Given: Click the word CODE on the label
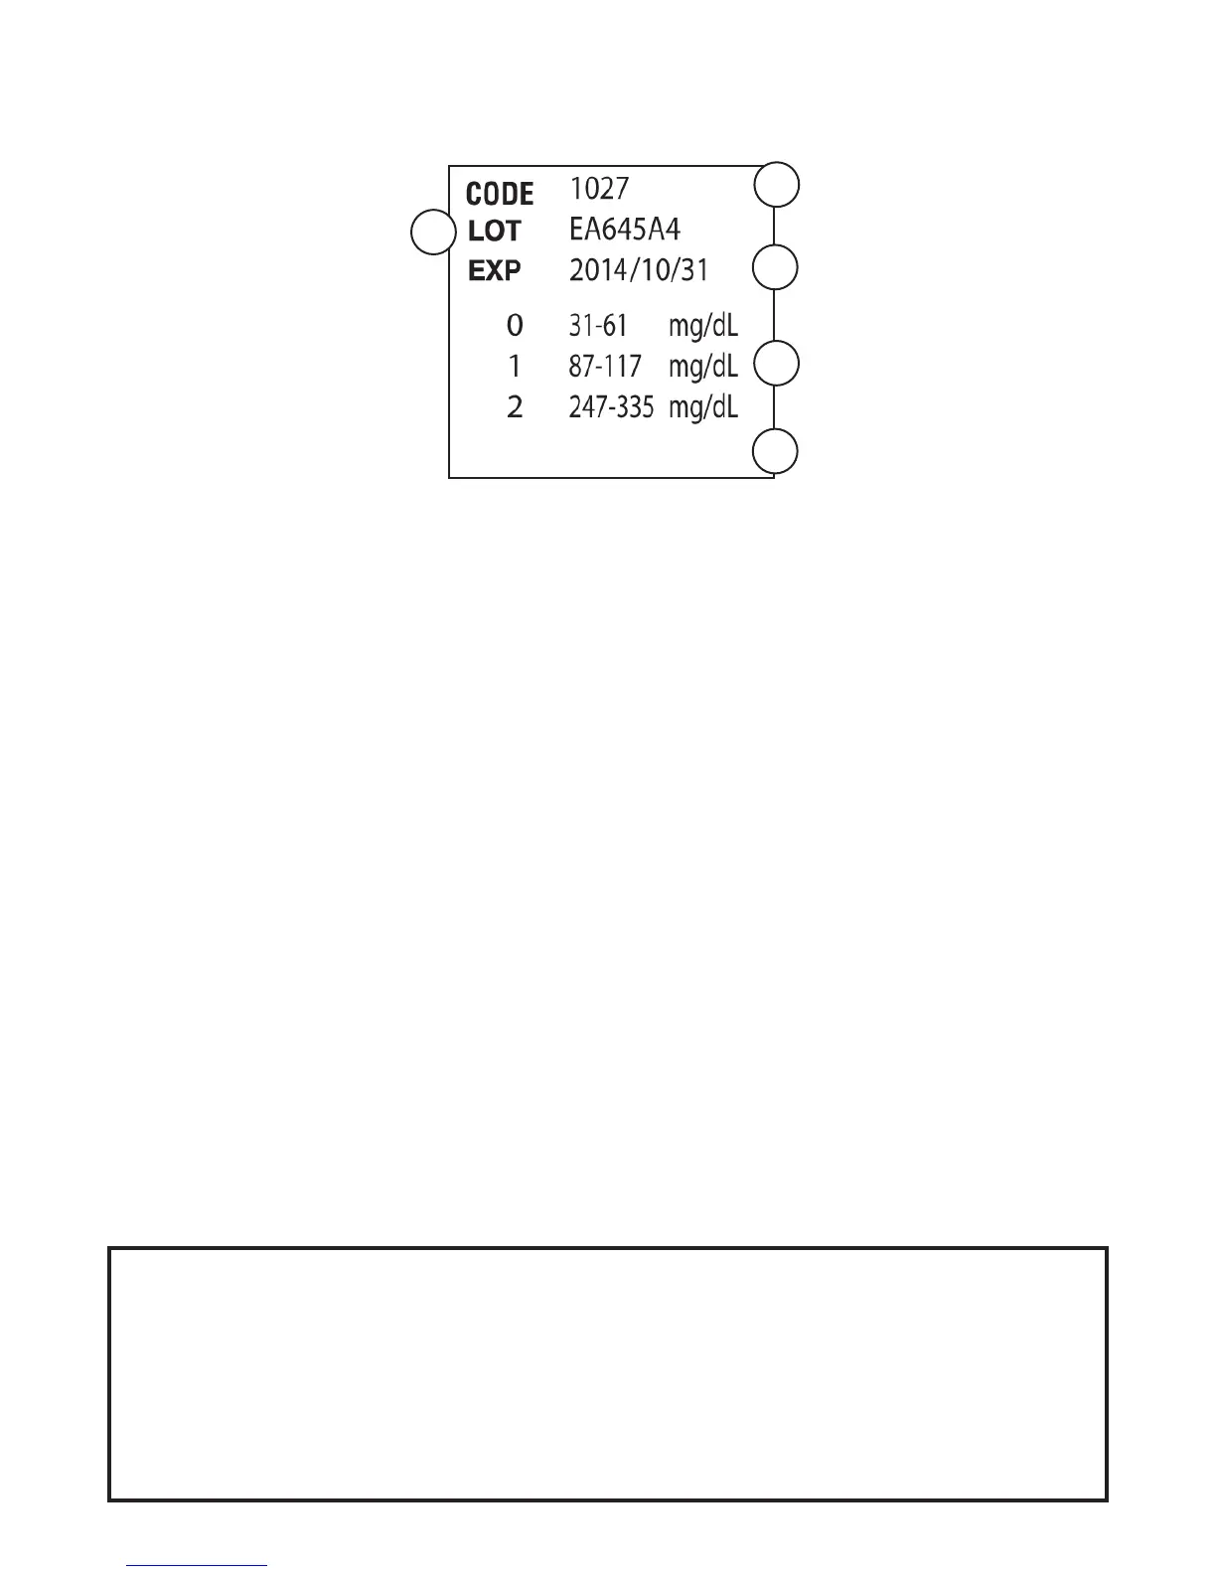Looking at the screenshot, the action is click(500, 193).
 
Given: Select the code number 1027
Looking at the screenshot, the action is click(599, 188).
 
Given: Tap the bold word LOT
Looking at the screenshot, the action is click(494, 232).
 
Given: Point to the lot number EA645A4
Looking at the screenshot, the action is click(624, 230).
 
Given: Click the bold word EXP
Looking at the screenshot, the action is click(494, 270).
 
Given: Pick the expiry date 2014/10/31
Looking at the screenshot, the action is click(639, 270).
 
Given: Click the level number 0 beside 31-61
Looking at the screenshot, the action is click(515, 325).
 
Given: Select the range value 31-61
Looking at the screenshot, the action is click(598, 325).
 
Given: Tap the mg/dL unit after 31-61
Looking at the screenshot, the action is click(703, 326).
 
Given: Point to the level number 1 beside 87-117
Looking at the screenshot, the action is click(515, 367).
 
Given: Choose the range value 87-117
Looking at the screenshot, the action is click(605, 367).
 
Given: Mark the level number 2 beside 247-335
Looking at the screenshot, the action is click(515, 407).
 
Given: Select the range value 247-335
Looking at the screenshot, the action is click(611, 407).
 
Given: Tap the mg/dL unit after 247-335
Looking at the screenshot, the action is click(703, 408).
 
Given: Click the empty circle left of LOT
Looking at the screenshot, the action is click(433, 233).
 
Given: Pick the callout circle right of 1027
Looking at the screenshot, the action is click(776, 186).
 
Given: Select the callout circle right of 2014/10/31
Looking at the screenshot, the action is click(776, 268).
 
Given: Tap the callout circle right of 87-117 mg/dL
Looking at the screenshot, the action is click(776, 364).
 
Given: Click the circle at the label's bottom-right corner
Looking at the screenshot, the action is click(776, 452).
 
